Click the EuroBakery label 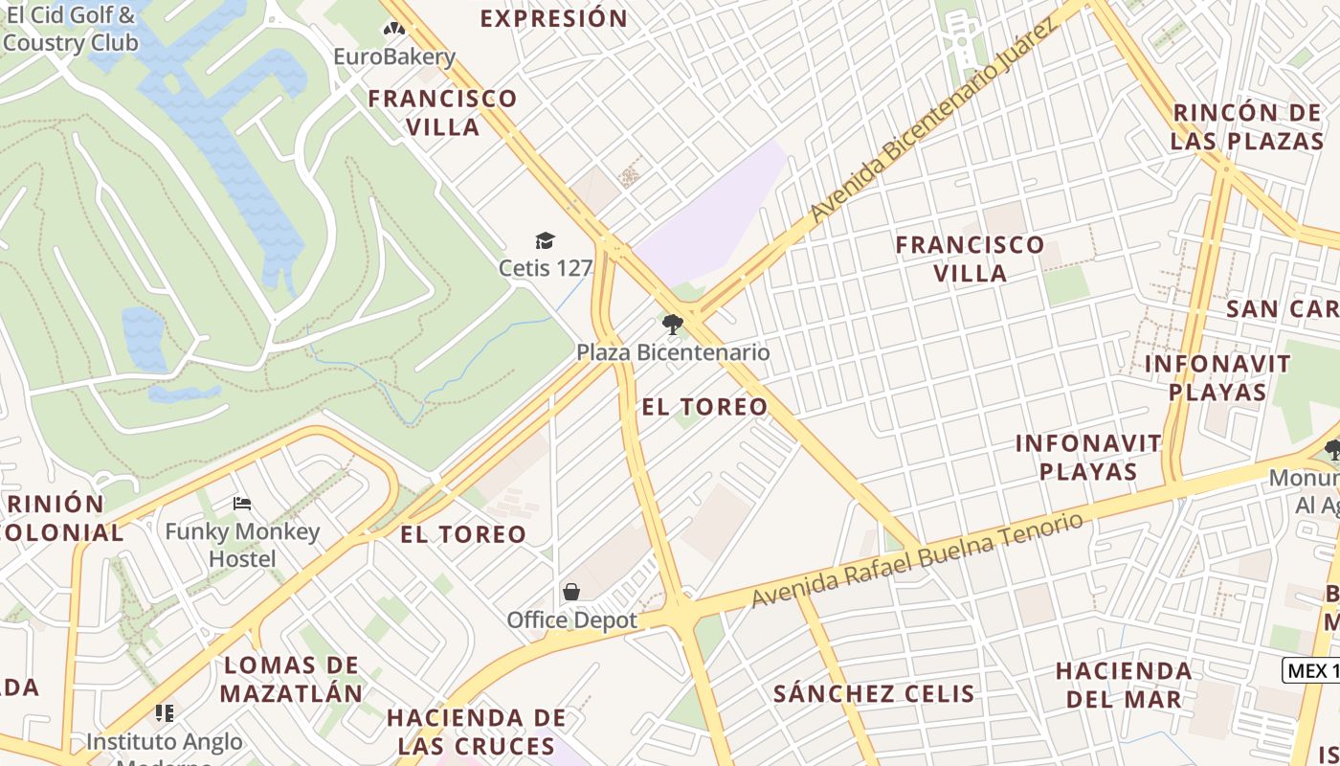(x=393, y=56)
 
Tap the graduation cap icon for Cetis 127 (x=545, y=240)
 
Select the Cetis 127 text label (x=545, y=267)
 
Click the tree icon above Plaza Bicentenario (x=673, y=325)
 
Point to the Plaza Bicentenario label (x=673, y=352)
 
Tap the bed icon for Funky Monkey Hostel (x=242, y=503)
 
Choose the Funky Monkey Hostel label (x=242, y=545)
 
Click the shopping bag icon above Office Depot (x=571, y=592)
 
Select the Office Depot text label (x=571, y=620)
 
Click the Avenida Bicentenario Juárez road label (x=933, y=121)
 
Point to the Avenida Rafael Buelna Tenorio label (x=918, y=560)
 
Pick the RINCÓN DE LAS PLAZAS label (x=1248, y=126)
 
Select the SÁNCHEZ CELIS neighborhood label (x=874, y=693)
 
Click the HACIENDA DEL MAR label (x=1124, y=685)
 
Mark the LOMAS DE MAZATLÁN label (x=292, y=679)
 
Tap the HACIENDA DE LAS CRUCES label (x=477, y=731)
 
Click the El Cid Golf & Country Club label (x=70, y=29)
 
